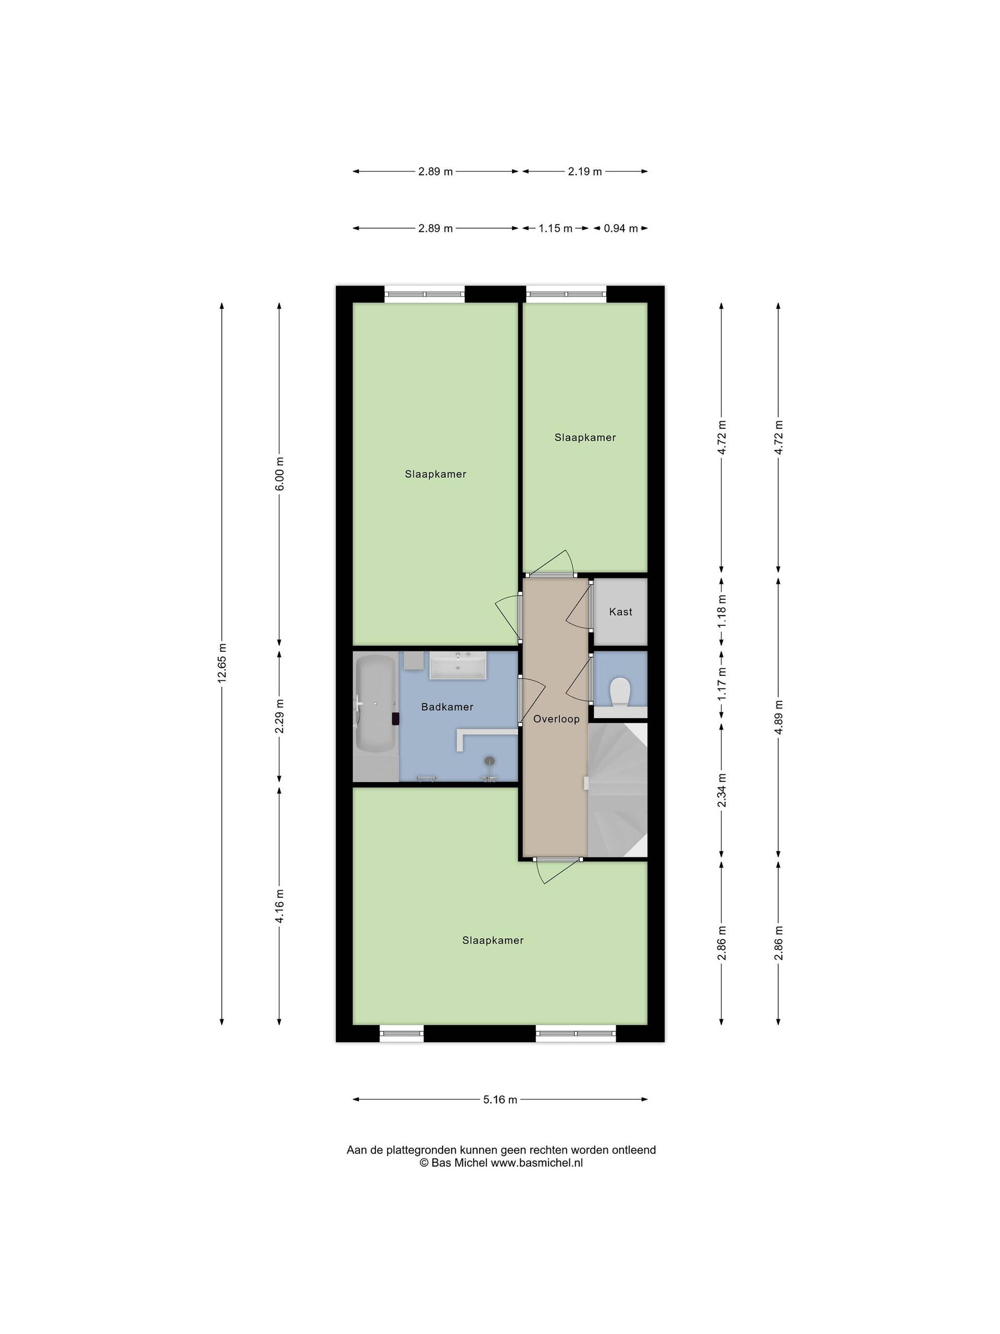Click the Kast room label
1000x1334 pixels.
(620, 612)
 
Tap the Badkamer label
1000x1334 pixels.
(447, 707)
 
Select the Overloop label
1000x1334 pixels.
(556, 719)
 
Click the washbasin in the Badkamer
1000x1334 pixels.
(458, 666)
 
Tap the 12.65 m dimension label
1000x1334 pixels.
(222, 663)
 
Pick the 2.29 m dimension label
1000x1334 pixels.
(280, 717)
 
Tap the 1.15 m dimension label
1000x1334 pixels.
(555, 229)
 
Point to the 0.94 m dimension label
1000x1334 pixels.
(621, 229)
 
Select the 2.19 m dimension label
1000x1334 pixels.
(585, 171)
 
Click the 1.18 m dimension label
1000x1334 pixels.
(722, 612)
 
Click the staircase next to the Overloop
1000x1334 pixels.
(617, 790)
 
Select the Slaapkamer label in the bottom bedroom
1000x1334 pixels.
(493, 940)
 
